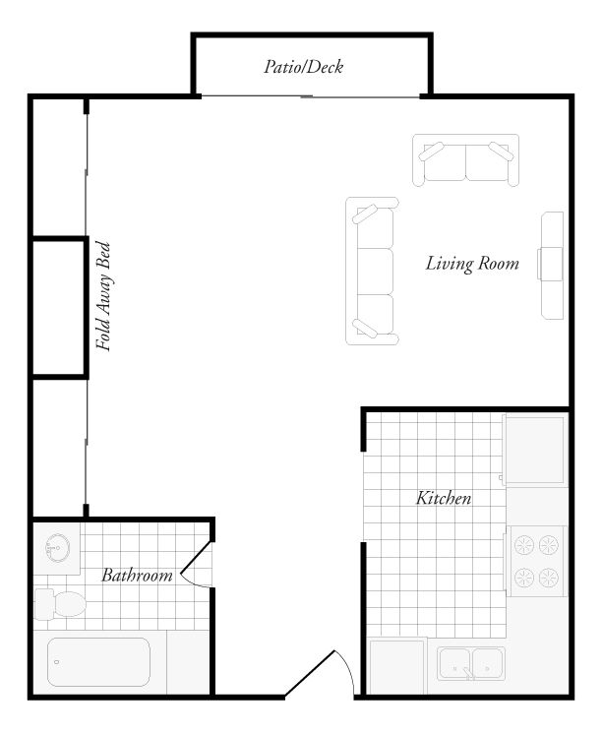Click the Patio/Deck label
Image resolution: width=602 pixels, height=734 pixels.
[x=303, y=68]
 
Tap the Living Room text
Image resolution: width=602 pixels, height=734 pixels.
[x=472, y=264]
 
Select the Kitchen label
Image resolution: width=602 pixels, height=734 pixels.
[x=444, y=499]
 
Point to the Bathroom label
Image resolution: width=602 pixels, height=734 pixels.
[x=137, y=576]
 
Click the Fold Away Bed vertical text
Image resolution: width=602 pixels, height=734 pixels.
[x=103, y=296]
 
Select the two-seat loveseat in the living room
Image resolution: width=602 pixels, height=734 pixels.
[x=465, y=161]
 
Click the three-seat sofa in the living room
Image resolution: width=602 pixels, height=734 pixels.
[x=373, y=271]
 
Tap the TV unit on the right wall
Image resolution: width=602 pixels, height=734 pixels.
[x=551, y=265]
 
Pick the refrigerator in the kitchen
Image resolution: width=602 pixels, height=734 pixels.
[x=535, y=450]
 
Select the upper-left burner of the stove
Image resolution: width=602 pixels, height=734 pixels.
[x=523, y=542]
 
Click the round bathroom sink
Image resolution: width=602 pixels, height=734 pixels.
[x=58, y=547]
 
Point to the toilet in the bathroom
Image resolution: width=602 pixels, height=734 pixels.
[x=56, y=602]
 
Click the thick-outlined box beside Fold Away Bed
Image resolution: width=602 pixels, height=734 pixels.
[x=59, y=307]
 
